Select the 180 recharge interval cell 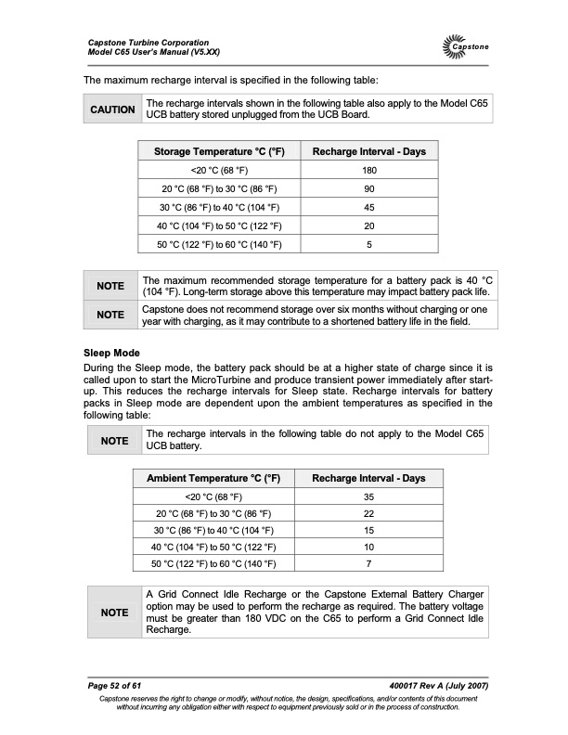point(369,170)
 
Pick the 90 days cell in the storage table point(369,188)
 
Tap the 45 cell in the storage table point(369,207)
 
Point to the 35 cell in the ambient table point(369,496)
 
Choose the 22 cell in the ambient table point(369,514)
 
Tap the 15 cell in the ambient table point(369,530)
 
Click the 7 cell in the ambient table point(369,563)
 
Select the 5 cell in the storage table point(369,244)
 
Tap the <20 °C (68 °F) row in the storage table point(218,170)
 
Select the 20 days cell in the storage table point(369,226)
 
